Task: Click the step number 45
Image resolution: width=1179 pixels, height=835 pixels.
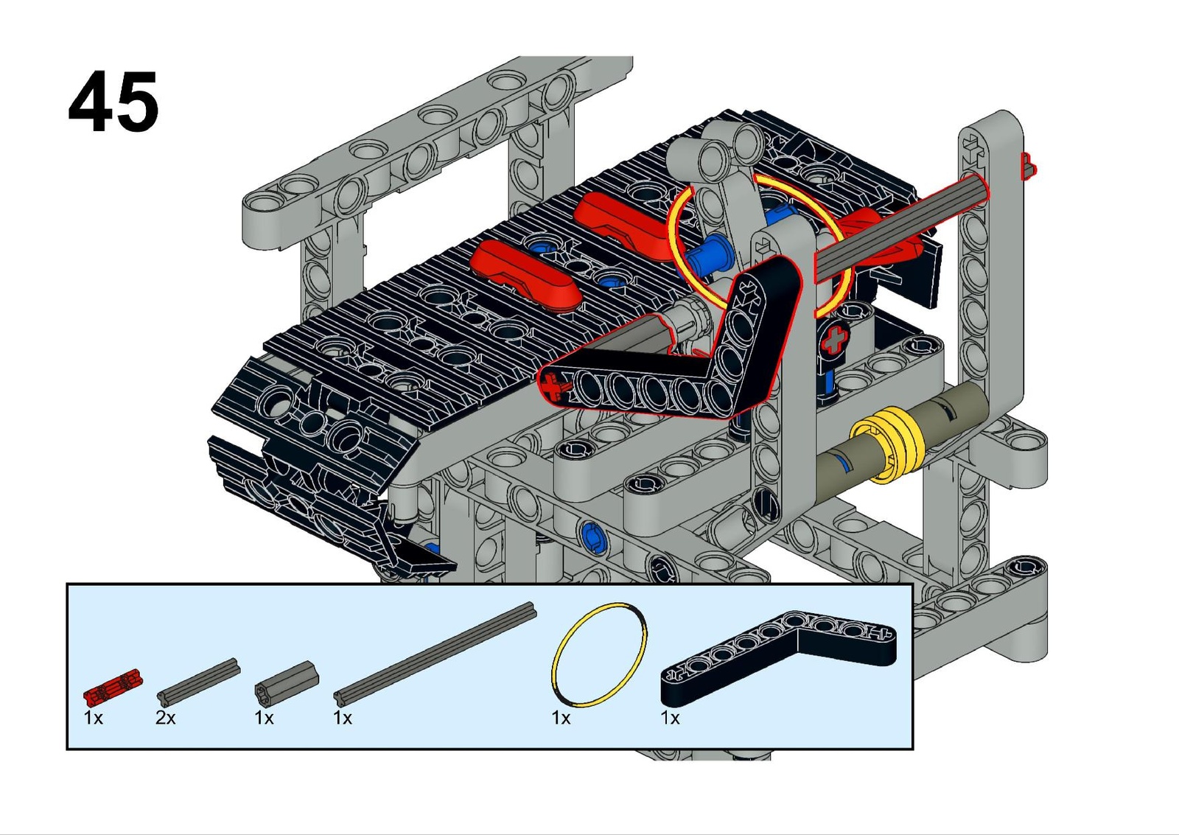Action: (x=113, y=102)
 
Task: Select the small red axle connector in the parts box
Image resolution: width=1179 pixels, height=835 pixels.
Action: (x=113, y=687)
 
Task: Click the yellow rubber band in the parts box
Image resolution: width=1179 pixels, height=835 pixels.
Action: (x=598, y=654)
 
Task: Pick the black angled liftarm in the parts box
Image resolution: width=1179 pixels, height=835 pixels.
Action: (x=779, y=657)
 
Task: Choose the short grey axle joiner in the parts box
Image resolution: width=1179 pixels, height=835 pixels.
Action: (x=287, y=681)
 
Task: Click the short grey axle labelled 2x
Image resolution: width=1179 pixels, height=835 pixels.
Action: (x=199, y=679)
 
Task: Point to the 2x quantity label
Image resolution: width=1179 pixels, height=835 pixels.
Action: (x=165, y=717)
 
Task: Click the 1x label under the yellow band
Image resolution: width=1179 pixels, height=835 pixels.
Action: (x=561, y=717)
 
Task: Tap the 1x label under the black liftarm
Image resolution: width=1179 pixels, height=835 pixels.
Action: (x=670, y=717)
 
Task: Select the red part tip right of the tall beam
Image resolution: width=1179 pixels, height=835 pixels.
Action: (x=1029, y=167)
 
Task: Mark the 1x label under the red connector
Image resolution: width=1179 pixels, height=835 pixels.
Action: (x=94, y=717)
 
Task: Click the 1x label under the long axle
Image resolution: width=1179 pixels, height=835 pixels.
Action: (x=343, y=717)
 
